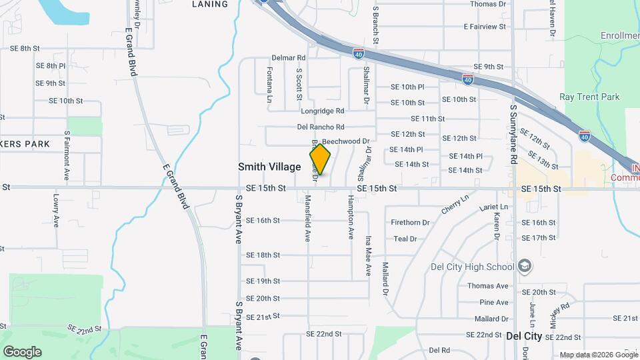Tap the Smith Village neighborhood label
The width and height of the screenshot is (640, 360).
[x=269, y=167]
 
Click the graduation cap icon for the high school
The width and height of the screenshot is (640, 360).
[x=525, y=267]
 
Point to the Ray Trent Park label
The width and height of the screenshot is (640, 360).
[x=589, y=97]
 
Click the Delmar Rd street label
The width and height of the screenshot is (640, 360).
[x=288, y=58]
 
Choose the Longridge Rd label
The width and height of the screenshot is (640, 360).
[x=321, y=111]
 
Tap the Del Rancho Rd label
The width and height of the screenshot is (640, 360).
[x=321, y=127]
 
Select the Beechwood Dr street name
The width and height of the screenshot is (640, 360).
[x=345, y=141]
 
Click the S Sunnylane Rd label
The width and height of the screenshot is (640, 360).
[x=513, y=134]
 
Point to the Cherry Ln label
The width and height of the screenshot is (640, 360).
[x=455, y=205]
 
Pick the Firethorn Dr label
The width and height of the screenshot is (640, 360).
[x=410, y=222]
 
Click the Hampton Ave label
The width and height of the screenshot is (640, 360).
[x=350, y=217]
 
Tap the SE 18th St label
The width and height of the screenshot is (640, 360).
[x=263, y=255]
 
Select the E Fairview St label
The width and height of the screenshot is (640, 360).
[x=485, y=27]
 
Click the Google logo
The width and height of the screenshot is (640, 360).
[x=22, y=351]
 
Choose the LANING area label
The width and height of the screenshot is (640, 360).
[x=209, y=4]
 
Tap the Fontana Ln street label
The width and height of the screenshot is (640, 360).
[x=270, y=84]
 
